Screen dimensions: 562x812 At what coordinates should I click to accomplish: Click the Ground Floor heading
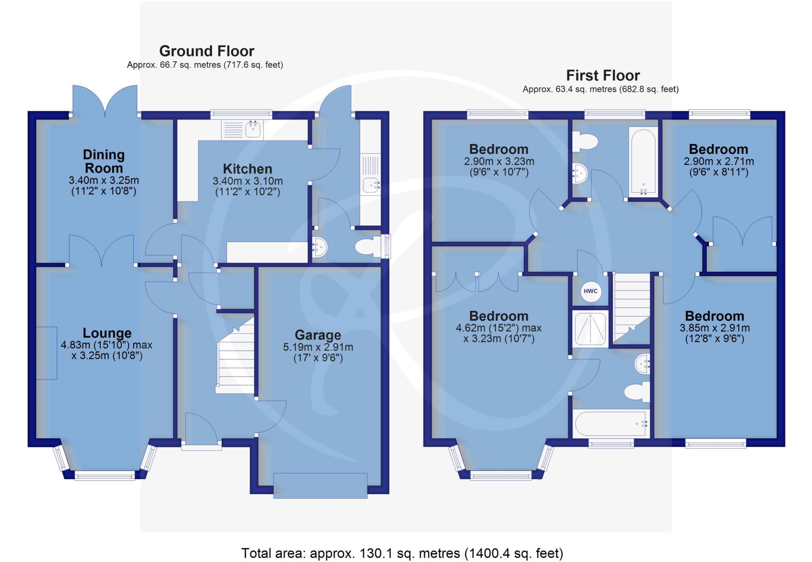[x=207, y=51]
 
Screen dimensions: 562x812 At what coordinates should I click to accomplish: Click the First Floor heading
[x=603, y=75]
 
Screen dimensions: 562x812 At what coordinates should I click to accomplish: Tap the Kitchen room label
[x=247, y=169]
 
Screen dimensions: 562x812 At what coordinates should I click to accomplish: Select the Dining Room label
[x=104, y=161]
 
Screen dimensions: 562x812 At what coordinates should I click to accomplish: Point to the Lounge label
[x=107, y=333]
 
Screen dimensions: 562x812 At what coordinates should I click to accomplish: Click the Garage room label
[x=318, y=336]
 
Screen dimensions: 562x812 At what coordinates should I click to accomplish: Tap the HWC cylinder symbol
[x=590, y=292]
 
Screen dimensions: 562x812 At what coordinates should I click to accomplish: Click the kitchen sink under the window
[x=253, y=129]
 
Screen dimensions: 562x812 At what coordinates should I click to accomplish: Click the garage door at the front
[x=320, y=485]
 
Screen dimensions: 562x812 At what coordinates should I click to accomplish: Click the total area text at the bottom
[x=402, y=552]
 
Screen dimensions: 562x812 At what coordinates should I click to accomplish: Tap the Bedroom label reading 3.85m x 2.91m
[x=714, y=316]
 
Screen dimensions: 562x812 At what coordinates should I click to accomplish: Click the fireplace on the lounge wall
[x=47, y=353]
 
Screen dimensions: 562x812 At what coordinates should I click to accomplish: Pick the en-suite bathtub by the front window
[x=611, y=424]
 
